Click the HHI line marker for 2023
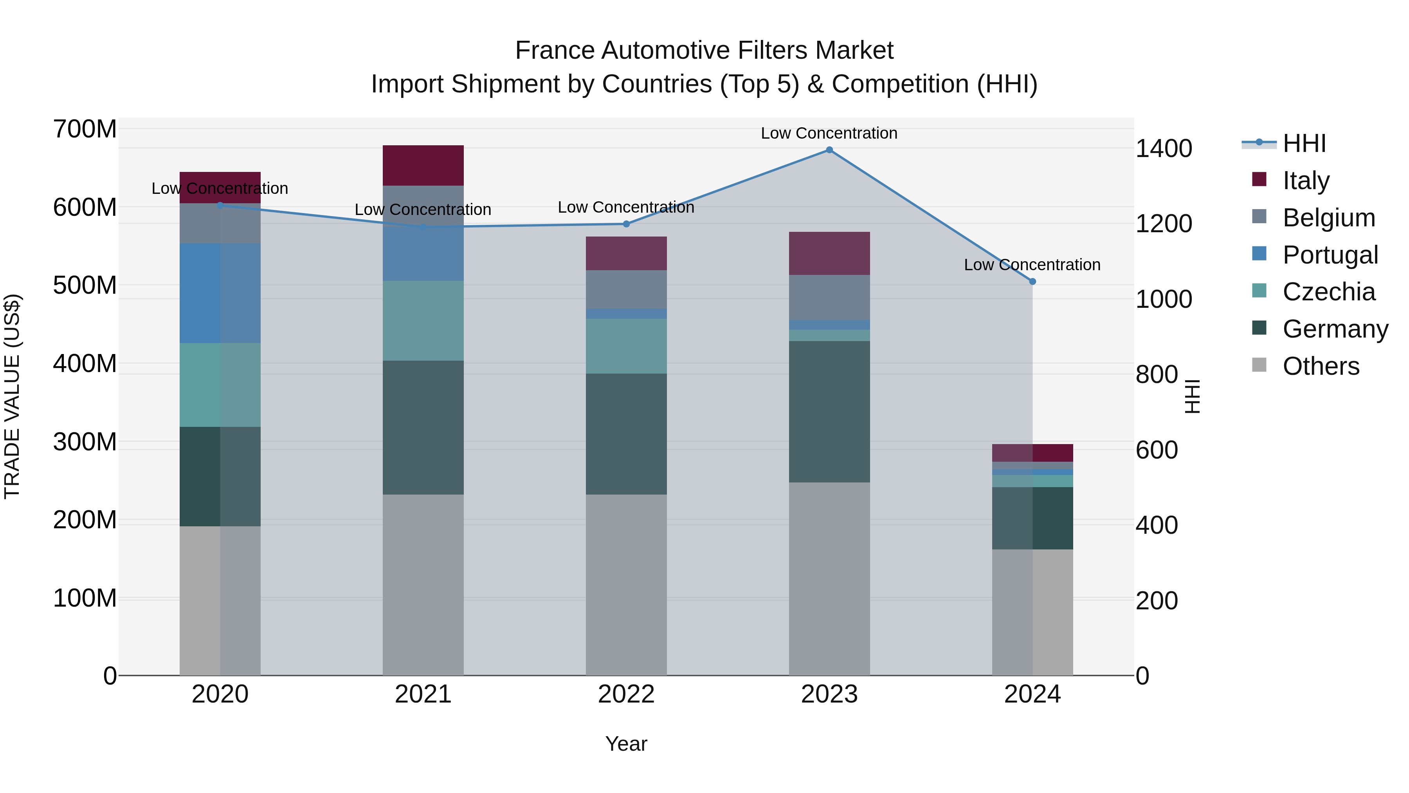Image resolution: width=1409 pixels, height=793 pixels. (829, 150)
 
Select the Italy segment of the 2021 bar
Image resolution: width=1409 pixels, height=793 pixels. (423, 165)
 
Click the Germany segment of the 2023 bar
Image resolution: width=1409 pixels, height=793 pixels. (829, 412)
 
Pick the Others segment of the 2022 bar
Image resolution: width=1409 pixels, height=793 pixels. (626, 585)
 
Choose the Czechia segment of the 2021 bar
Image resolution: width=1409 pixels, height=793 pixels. (423, 321)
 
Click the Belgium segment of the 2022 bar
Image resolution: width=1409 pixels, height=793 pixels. (626, 289)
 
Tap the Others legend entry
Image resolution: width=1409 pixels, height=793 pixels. (1321, 366)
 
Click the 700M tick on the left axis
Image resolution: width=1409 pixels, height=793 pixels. (85, 130)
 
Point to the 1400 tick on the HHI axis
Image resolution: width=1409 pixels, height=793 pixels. (1164, 149)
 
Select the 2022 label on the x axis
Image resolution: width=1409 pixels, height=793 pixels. (626, 694)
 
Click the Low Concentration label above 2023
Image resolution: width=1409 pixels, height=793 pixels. (829, 133)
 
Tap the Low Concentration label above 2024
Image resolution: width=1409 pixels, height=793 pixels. (1032, 265)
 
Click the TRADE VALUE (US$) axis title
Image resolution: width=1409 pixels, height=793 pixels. (12, 396)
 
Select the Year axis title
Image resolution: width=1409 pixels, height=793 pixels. (626, 744)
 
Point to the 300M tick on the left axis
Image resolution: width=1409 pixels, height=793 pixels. (85, 442)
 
